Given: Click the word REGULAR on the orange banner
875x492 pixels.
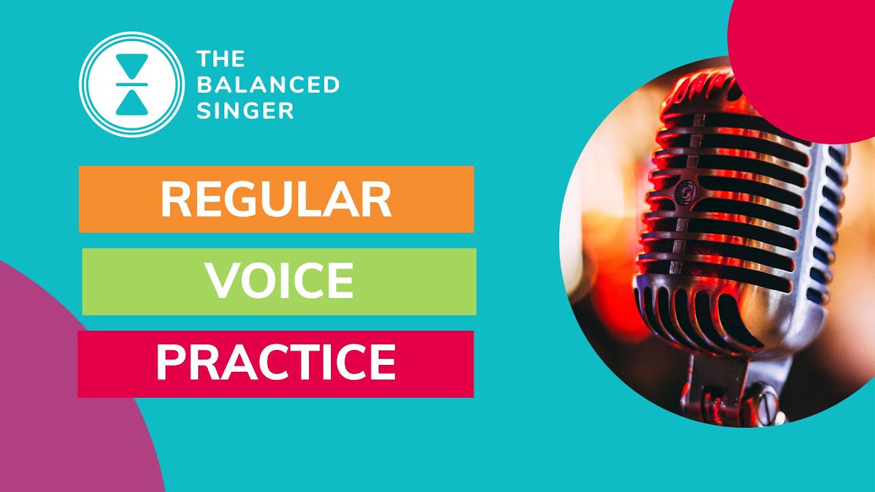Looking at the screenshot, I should coord(275,199).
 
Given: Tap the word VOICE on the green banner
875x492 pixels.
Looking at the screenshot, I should coord(280,281).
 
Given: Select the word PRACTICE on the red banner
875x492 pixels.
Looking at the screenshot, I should coord(275,363).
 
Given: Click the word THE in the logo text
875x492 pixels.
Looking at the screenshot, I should coord(220,59).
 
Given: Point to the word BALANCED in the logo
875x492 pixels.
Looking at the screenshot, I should coord(268,85).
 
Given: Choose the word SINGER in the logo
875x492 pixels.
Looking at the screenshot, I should coord(245,110).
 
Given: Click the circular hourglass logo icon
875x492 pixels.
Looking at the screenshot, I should coord(132,85).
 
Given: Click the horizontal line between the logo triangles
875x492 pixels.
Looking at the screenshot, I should coord(132,85).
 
